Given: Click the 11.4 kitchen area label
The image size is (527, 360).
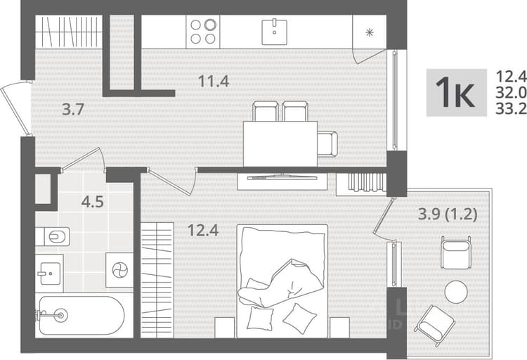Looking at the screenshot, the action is click(x=214, y=81).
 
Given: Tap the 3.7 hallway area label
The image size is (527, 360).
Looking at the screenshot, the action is click(x=73, y=110).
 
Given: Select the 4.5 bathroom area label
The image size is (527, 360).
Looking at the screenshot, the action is click(x=93, y=202).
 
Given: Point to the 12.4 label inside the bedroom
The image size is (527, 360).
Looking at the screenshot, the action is click(x=203, y=230).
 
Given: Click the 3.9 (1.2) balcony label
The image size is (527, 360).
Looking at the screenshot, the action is click(x=448, y=214).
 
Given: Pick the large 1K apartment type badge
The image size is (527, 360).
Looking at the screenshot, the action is click(x=457, y=93).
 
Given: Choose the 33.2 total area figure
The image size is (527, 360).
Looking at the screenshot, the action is click(x=512, y=108).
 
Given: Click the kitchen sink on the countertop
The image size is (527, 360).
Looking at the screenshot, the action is click(x=274, y=32).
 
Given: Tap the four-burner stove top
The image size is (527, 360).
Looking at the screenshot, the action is click(x=203, y=32).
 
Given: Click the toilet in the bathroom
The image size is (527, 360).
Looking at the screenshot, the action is click(x=53, y=236).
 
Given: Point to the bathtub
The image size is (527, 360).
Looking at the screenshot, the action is click(x=80, y=315).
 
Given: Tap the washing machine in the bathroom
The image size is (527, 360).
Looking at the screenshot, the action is click(x=119, y=270).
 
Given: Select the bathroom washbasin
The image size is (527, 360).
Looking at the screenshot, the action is click(x=49, y=274).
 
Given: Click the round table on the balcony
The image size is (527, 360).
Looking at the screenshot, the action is click(x=456, y=292).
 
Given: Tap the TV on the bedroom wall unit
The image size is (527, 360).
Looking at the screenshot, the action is click(x=282, y=176).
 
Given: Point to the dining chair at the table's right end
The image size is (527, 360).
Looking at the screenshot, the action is click(x=327, y=144).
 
